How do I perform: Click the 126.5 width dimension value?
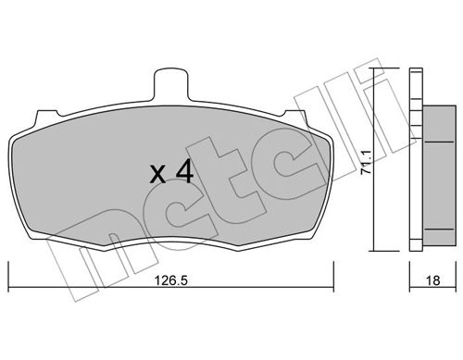[x=170, y=281]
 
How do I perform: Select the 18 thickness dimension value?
[x=432, y=281]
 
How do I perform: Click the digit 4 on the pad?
[x=184, y=173]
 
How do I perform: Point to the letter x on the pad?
[x=157, y=176]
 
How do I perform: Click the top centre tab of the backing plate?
[x=170, y=85]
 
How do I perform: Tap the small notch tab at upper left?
[x=47, y=117]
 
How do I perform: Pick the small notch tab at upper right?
[x=295, y=117]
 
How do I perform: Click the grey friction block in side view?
[x=439, y=174]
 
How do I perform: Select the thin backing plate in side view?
[x=416, y=159]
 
